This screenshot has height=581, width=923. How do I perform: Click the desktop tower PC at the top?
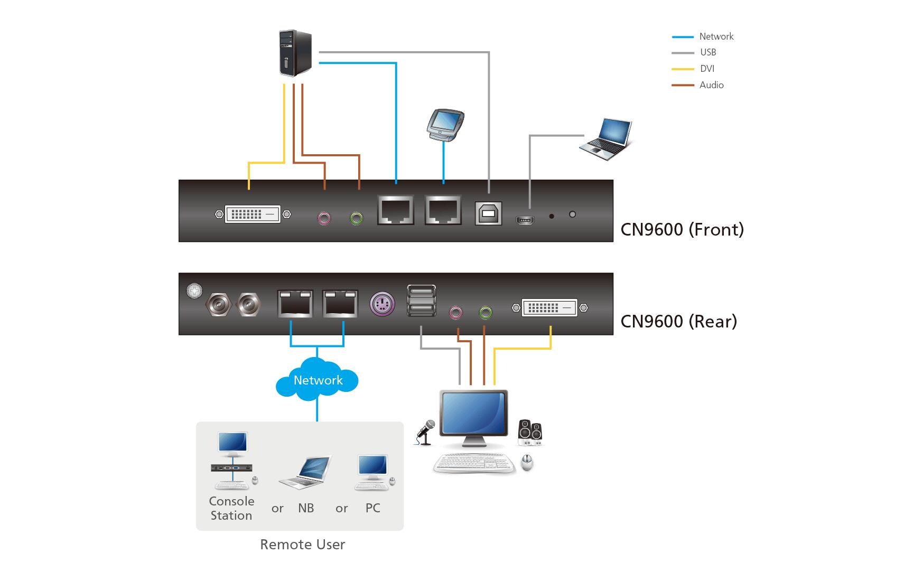click(295, 53)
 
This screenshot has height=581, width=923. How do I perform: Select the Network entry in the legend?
click(716, 36)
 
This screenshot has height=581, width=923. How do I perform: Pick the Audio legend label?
click(711, 85)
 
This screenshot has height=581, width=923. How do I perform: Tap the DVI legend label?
click(707, 69)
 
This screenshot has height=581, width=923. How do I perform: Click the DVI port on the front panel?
click(253, 214)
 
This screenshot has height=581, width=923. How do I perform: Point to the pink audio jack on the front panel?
click(323, 218)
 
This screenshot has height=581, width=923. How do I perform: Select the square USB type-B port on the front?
click(488, 213)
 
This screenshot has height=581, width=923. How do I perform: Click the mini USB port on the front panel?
click(525, 219)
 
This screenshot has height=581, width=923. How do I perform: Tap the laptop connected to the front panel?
click(607, 139)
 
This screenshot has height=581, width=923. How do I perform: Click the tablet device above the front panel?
click(445, 125)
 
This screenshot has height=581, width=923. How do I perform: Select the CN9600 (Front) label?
click(682, 229)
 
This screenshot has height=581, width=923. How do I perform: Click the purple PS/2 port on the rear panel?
click(382, 304)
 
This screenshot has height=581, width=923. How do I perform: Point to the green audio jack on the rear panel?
click(485, 313)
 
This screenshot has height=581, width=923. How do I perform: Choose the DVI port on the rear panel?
click(549, 307)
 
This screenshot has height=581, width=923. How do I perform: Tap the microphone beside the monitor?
click(425, 432)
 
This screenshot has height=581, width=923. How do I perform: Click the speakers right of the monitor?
click(530, 432)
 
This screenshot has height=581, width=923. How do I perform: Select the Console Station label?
click(231, 508)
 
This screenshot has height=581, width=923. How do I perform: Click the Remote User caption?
click(302, 545)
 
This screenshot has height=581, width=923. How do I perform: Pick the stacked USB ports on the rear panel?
click(421, 301)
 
